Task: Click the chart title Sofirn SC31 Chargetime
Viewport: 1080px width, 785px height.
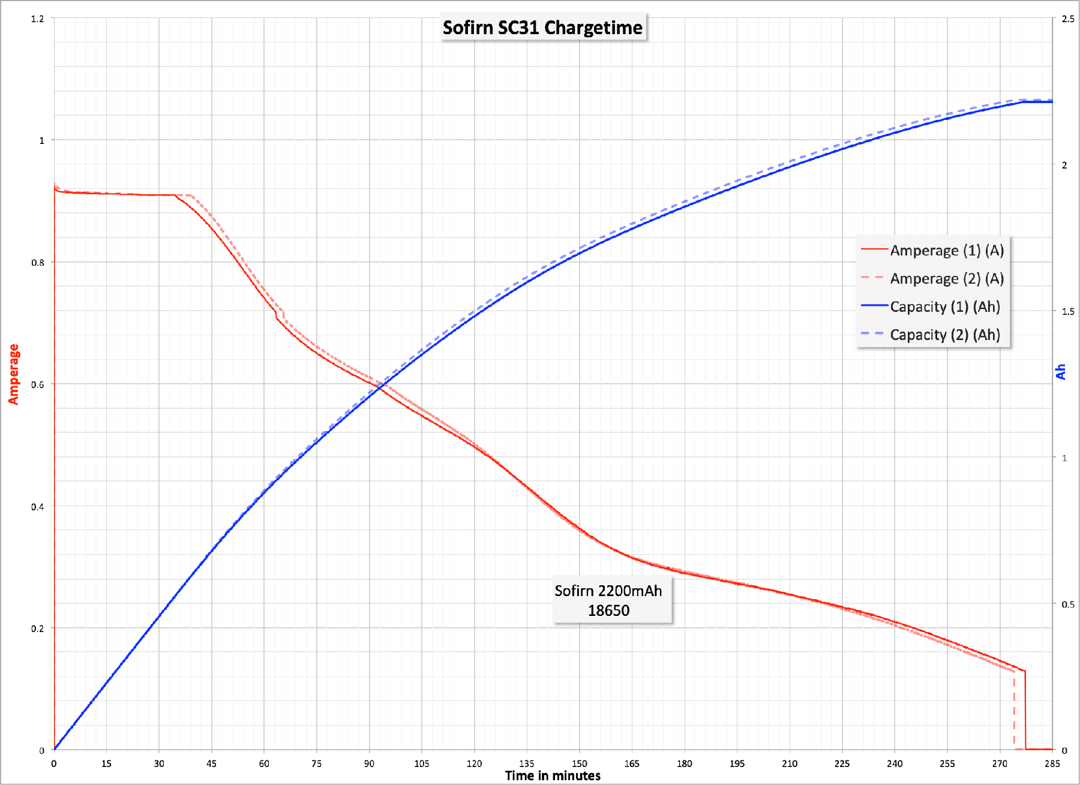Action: point(542,28)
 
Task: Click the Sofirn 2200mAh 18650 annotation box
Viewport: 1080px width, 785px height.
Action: point(608,600)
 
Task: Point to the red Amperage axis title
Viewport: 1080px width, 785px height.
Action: point(13,374)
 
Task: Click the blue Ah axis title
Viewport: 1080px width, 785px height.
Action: point(1061,372)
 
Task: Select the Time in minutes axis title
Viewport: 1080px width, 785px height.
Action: point(553,776)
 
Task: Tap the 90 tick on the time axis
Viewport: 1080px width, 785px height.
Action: point(369,763)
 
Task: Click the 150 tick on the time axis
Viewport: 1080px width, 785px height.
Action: point(580,763)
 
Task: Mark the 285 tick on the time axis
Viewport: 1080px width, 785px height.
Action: point(1052,763)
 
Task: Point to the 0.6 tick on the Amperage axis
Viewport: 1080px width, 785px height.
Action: point(38,384)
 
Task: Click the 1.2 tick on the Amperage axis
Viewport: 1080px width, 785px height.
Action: point(38,19)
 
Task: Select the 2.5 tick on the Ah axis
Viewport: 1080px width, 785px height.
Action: point(1068,19)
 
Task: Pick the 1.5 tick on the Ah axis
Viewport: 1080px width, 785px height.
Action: point(1068,311)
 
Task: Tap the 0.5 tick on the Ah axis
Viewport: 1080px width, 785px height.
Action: point(1068,604)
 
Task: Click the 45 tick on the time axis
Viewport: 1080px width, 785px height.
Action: point(211,763)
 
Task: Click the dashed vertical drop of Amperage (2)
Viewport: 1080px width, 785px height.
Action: point(1015,711)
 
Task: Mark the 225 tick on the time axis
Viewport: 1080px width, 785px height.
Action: point(842,763)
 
